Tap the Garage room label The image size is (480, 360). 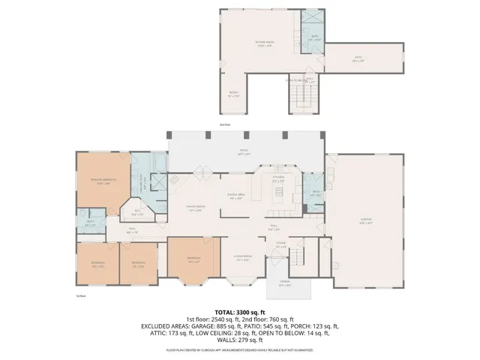(366, 222)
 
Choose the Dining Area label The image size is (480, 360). (238, 196)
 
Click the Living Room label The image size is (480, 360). (242, 256)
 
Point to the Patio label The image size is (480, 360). (244, 152)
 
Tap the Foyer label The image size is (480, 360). (281, 244)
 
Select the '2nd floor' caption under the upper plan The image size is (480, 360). (225, 124)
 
